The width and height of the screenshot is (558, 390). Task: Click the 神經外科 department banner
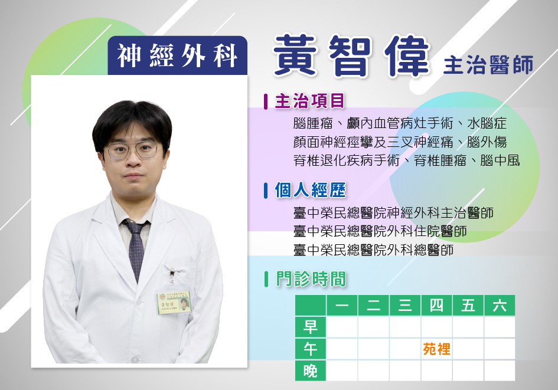tap(177, 55)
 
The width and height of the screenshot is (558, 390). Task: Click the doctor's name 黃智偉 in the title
tap(351, 56)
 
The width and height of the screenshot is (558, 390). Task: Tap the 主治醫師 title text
tap(488, 65)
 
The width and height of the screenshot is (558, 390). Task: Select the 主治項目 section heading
tap(310, 101)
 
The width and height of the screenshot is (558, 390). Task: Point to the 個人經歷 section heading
tap(311, 190)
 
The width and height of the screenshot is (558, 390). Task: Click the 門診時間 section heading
tap(311, 279)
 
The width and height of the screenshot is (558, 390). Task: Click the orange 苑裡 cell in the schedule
tap(436, 349)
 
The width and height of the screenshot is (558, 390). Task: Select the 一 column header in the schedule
tap(342, 306)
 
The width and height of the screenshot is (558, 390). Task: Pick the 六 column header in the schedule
tap(500, 306)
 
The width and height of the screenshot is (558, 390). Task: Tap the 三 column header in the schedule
tap(405, 306)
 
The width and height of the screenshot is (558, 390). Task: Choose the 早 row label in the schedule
tap(311, 327)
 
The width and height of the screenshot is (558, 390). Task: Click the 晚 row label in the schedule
tap(311, 371)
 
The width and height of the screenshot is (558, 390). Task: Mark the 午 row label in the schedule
tap(311, 349)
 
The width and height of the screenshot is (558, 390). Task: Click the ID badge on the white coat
tap(174, 303)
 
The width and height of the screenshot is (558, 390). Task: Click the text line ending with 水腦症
tap(400, 123)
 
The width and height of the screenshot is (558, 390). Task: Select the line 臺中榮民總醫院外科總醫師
tap(373, 250)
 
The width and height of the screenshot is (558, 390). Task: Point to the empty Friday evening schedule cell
tap(468, 371)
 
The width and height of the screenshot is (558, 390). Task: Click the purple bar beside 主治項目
tap(266, 101)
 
